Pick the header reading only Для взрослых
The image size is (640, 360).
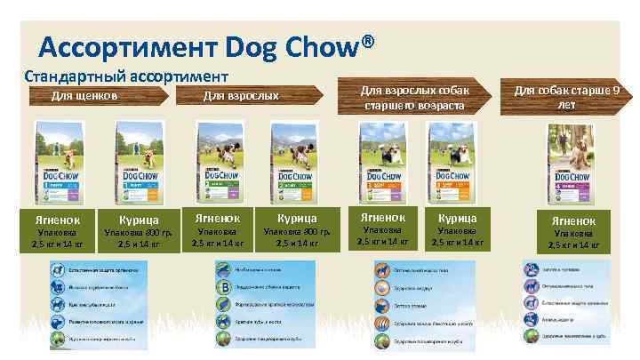click(x=241, y=96)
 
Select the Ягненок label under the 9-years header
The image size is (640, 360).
click(x=573, y=220)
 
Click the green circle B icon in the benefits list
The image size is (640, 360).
click(x=222, y=286)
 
